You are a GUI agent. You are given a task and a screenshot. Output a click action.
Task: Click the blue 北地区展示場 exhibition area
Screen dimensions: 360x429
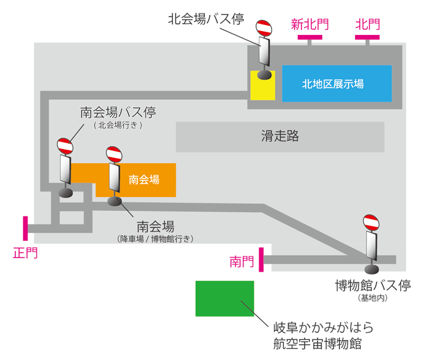336,83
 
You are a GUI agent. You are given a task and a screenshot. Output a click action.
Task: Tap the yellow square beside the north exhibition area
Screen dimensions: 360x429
263,85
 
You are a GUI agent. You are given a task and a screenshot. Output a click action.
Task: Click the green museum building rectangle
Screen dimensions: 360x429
224,299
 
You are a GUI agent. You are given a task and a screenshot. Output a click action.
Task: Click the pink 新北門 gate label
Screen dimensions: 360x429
309,25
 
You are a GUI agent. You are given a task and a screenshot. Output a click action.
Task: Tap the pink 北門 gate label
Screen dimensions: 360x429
368,25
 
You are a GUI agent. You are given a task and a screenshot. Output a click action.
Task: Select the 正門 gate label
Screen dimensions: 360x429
25,252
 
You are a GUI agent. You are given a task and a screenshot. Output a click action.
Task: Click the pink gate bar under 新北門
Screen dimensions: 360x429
310,38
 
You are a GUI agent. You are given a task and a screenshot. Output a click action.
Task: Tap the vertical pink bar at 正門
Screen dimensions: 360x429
26,228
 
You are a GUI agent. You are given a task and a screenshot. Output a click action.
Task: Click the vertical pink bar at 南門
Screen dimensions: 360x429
262,259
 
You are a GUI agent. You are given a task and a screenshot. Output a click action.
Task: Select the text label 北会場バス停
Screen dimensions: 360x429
207,18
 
